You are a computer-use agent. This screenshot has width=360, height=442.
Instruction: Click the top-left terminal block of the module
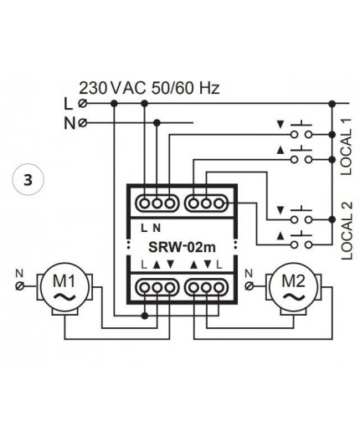pos(156,203)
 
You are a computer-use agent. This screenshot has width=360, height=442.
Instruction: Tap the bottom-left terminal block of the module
pos(156,286)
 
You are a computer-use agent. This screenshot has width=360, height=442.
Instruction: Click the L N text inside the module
pos(151,227)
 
